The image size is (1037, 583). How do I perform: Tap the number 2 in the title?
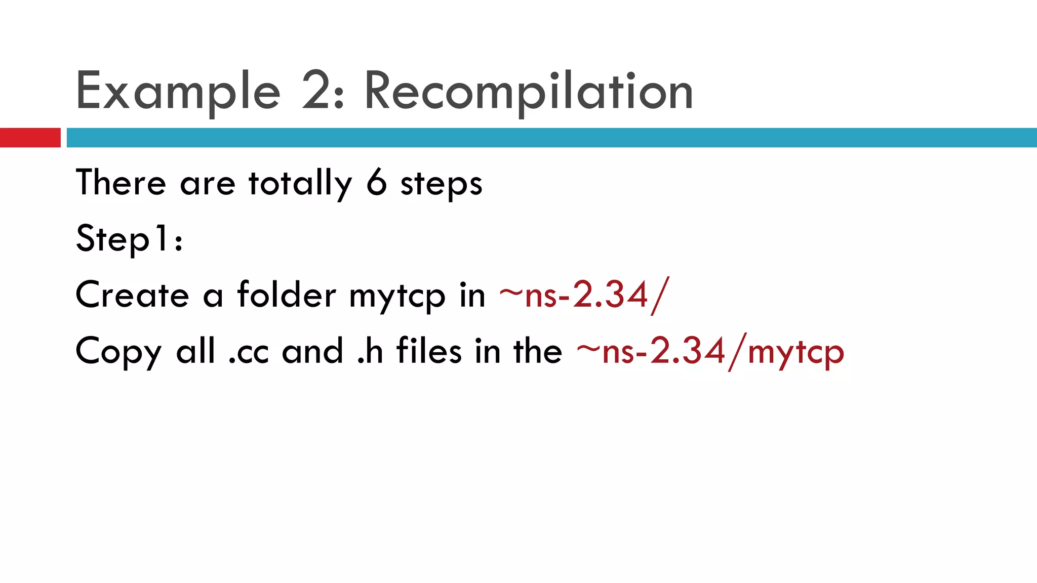pos(318,91)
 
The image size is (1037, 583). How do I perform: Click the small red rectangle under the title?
pos(30,138)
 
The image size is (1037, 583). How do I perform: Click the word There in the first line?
pos(121,183)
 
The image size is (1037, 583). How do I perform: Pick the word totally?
pos(300,184)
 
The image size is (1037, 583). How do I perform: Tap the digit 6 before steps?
pos(376,183)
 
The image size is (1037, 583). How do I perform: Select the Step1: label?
pos(129,239)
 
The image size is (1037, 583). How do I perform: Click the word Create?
pos(132,295)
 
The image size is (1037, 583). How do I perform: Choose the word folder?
pos(286,294)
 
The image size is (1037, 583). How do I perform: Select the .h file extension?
pos(370,352)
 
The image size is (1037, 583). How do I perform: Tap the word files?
pos(429,351)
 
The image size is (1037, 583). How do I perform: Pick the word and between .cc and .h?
pos(312,352)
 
